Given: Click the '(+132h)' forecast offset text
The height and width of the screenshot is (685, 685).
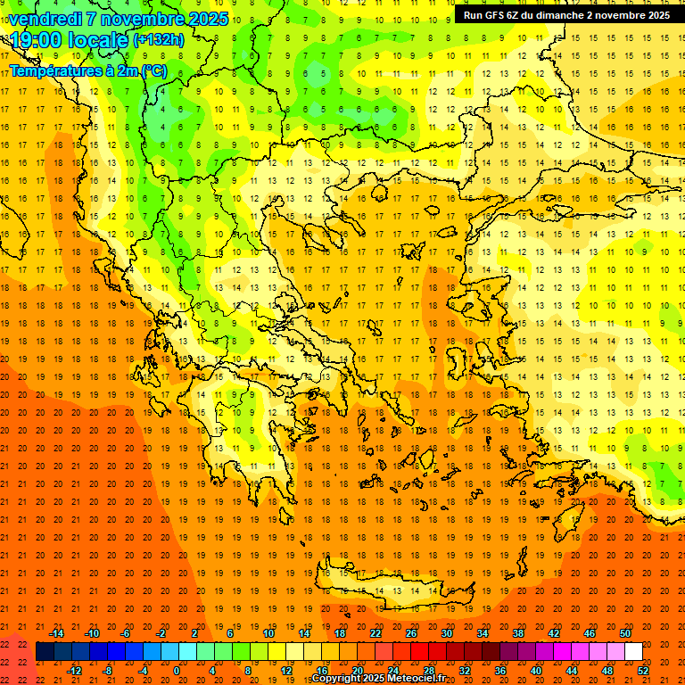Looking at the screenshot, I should click(x=158, y=39).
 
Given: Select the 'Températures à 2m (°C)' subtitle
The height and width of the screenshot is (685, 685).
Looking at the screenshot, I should click(x=87, y=70).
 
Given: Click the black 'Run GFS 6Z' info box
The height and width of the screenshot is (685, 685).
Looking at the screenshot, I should click(x=566, y=15).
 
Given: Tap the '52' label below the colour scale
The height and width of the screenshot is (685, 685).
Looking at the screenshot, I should click(x=643, y=671).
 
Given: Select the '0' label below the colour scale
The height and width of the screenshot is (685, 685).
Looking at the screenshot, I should click(x=177, y=671).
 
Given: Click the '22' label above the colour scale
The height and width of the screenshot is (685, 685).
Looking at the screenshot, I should click(x=376, y=632).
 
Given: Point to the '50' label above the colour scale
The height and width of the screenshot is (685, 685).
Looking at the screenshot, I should click(x=625, y=632).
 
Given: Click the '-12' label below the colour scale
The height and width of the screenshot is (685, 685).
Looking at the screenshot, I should click(x=74, y=671).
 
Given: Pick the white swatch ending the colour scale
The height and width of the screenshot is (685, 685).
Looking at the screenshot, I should click(x=633, y=652).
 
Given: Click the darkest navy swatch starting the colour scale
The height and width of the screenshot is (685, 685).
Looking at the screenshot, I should click(x=45, y=652).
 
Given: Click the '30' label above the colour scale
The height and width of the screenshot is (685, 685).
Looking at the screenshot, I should click(x=447, y=632).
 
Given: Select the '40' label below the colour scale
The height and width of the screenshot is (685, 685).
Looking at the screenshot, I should click(x=536, y=671).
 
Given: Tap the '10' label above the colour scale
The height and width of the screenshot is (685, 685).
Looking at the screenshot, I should click(x=268, y=632).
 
